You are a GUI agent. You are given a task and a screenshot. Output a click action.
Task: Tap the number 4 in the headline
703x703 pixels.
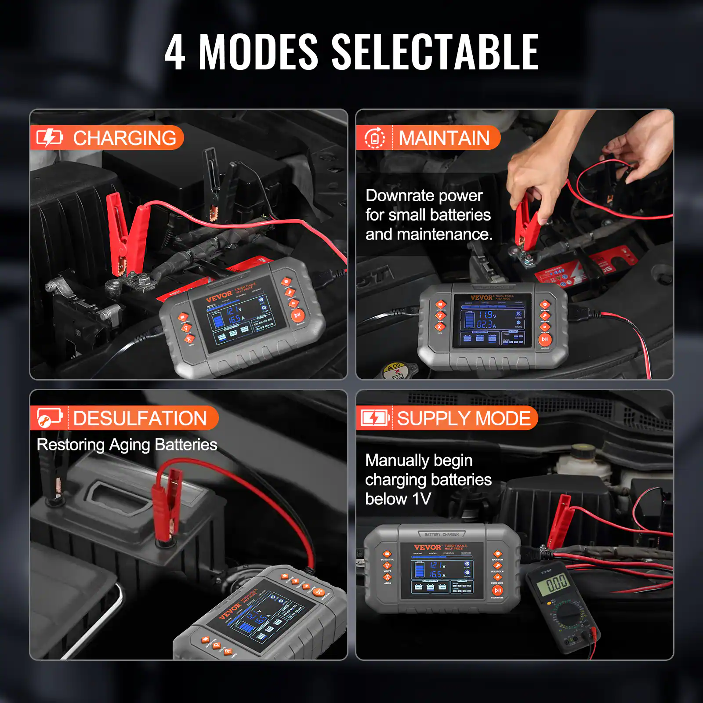point(175,53)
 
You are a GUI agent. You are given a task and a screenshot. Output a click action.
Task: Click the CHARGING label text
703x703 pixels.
point(124,138)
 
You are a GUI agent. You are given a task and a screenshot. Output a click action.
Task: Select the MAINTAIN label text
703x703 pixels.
point(444,138)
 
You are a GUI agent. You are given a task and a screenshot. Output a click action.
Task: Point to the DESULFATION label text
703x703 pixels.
point(140,418)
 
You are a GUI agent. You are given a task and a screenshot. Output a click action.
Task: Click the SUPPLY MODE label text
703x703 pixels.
point(464,418)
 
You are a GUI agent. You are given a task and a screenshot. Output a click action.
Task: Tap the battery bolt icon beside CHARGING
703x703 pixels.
point(49,138)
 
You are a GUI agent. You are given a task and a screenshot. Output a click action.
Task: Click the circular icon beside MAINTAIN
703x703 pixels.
point(374,138)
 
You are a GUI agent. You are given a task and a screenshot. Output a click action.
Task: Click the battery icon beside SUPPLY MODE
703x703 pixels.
point(374,418)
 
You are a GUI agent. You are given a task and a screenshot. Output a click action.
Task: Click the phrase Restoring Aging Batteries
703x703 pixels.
point(127,445)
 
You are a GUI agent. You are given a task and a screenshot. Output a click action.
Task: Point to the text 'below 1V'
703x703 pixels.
point(398,499)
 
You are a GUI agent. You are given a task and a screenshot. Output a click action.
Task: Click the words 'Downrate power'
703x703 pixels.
point(424,196)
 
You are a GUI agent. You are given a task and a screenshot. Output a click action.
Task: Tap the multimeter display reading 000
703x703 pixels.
point(557,583)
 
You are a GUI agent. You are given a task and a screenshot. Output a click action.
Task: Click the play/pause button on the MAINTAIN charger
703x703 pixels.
point(545,339)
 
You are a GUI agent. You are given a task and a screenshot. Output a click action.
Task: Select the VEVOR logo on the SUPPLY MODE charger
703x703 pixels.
point(427,547)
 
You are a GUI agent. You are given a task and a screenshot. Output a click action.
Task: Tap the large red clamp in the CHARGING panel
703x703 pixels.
point(127,233)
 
